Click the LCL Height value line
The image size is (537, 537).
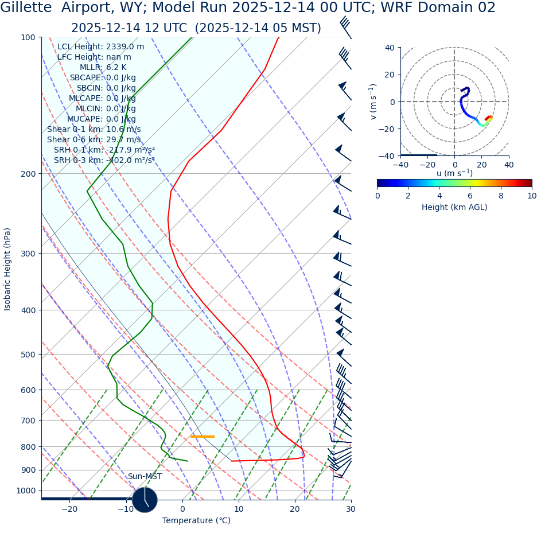coord(100,47)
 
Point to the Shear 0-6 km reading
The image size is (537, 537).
coord(94,140)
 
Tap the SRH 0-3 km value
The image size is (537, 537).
coord(104,161)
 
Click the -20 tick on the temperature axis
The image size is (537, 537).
coord(69,509)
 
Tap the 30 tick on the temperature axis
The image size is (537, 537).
coord(351,509)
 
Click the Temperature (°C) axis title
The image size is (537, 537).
coord(196,521)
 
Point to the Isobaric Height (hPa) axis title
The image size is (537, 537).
coord(7,269)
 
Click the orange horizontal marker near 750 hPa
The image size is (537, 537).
coord(202,437)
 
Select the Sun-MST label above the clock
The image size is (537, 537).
coord(145,477)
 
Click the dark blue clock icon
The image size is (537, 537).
coord(145,500)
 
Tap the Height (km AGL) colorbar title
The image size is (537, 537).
coord(454,208)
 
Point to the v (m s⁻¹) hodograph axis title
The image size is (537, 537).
coord(373,102)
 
